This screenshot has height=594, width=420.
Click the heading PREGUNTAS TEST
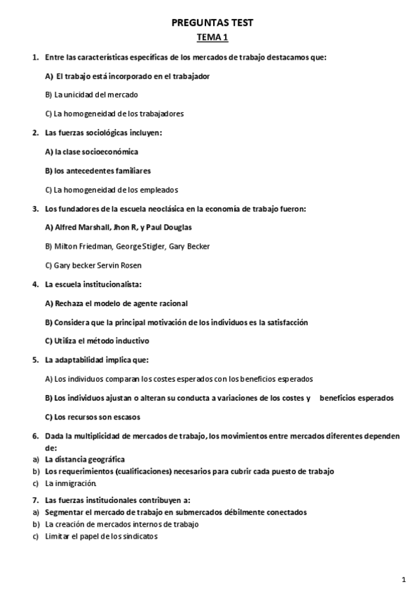(212, 22)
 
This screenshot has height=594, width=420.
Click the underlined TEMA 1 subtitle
(212, 37)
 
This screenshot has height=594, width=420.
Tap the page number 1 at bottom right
(405, 579)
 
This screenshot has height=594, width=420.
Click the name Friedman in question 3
(99, 247)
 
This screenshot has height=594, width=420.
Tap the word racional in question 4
(170, 303)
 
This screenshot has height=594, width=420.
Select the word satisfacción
(284, 322)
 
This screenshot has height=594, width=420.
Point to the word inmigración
(73, 483)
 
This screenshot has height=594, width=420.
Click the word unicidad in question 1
(78, 95)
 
